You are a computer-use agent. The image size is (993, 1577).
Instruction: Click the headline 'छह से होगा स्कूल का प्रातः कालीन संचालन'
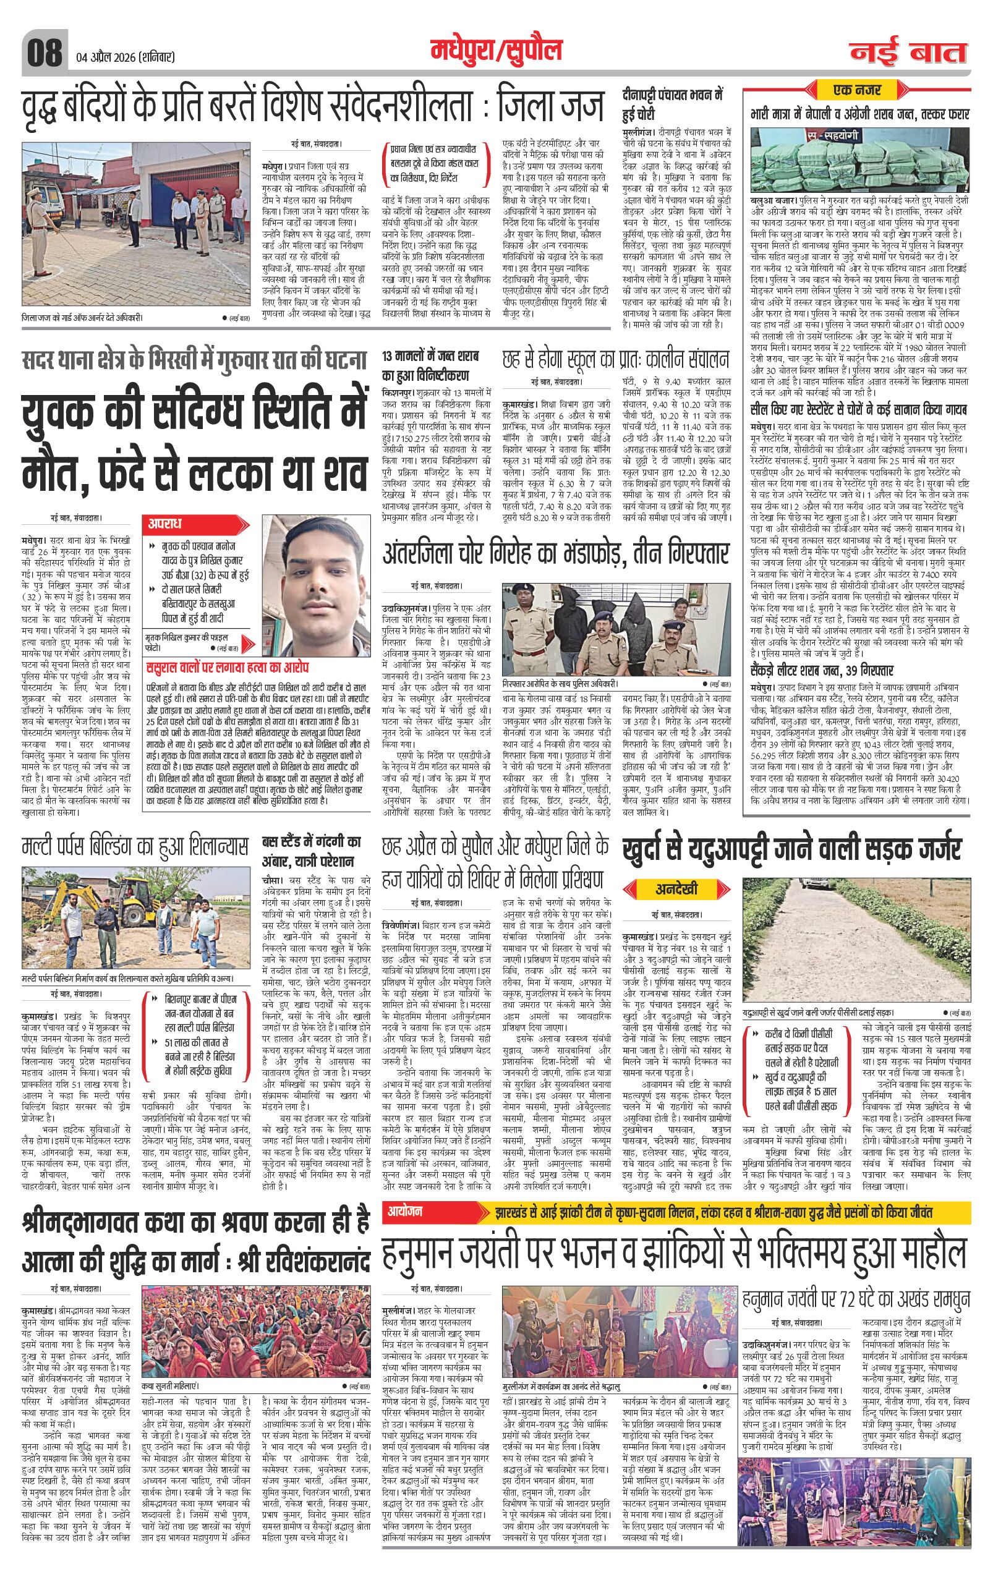pyautogui.click(x=615, y=361)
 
